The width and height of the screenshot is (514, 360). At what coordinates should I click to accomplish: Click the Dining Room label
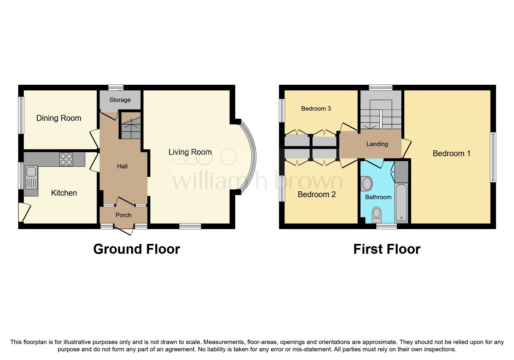(59, 118)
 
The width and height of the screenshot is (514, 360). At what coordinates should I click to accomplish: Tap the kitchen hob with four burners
(66, 159)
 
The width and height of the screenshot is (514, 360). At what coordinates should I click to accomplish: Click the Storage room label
(120, 100)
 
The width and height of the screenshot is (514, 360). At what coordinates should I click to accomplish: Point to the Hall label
(122, 166)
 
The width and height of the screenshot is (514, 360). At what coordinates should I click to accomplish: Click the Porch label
(123, 215)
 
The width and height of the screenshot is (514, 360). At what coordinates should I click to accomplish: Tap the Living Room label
(190, 152)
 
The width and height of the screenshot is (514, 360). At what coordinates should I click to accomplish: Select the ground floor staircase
(131, 128)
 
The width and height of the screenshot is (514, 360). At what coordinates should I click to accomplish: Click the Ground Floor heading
(137, 249)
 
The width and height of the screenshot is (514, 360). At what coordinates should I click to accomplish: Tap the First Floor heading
(387, 249)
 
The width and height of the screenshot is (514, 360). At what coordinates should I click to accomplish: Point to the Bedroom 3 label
(316, 109)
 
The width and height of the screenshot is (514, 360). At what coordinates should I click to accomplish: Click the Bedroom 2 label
(317, 195)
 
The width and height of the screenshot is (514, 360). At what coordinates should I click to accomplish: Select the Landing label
(377, 144)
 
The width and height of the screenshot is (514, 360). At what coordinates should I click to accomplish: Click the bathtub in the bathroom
(402, 203)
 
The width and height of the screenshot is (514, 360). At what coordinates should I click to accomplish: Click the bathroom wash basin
(367, 183)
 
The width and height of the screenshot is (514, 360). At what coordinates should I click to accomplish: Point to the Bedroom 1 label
(451, 154)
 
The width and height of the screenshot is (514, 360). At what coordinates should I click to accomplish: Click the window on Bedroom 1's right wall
(493, 157)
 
